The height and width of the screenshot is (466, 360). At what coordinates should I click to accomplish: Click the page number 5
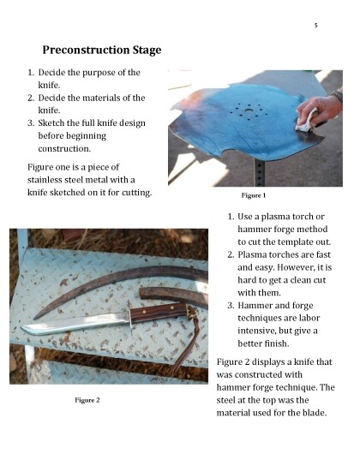pos(316,25)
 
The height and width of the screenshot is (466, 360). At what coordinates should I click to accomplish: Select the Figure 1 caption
pos(253,195)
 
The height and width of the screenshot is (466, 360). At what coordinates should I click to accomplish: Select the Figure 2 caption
pos(87,400)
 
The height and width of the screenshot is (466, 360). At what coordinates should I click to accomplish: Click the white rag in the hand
pos(306,122)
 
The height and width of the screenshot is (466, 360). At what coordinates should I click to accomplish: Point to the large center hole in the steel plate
pos(249,111)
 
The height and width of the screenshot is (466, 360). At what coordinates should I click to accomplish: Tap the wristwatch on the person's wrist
pos(338,96)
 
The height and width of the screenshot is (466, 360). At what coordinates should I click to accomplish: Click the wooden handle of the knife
pos(159,313)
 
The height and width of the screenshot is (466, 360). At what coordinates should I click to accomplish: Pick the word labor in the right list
pos(309,318)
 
